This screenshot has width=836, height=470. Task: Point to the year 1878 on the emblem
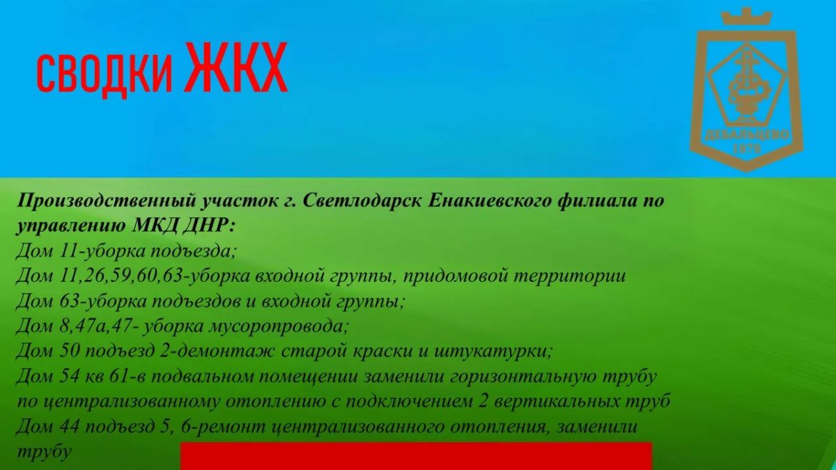pos(747,149)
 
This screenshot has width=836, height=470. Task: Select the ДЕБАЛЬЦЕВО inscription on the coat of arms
pos(747,135)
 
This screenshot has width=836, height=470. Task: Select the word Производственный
pos(107,201)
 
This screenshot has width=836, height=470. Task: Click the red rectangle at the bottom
pos(416,456)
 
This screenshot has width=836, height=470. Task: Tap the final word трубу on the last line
pos(44,452)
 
